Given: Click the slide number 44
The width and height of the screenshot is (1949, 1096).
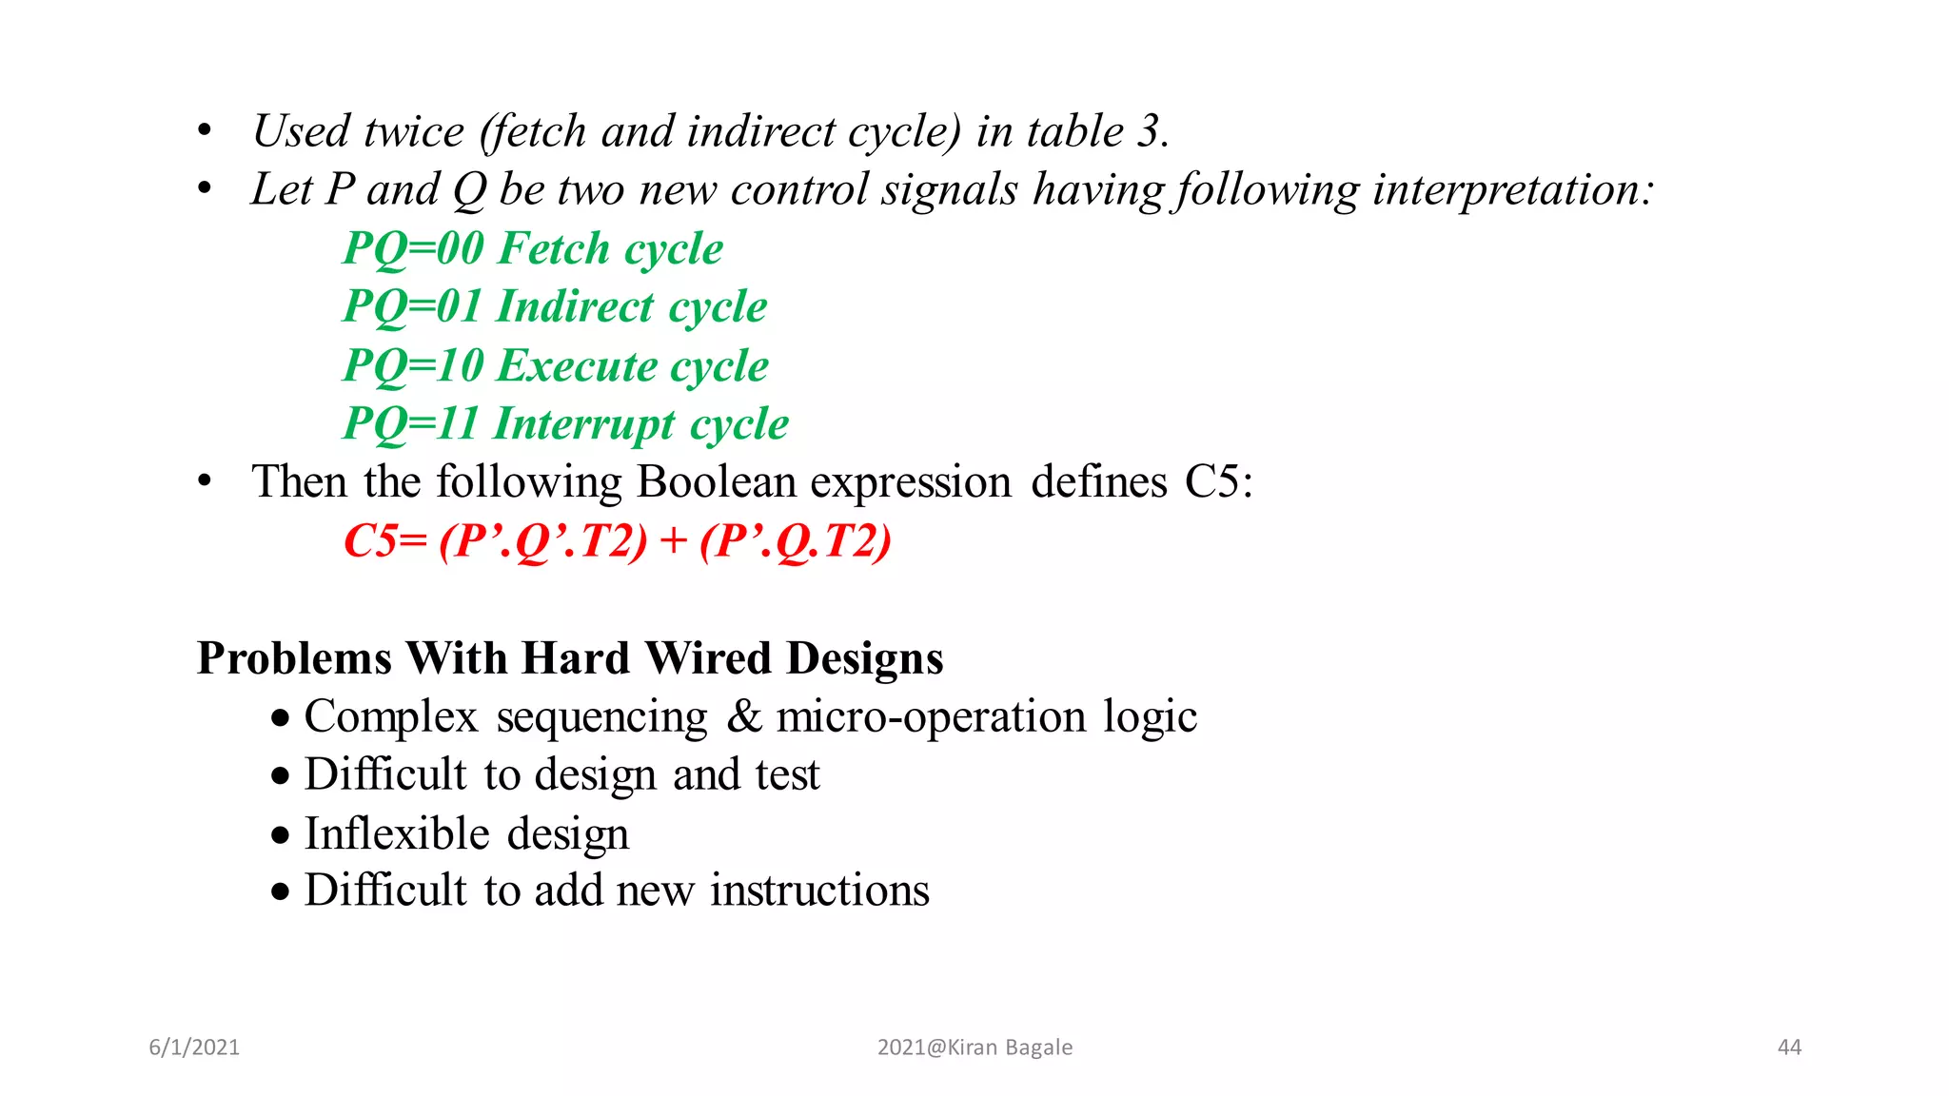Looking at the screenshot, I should tap(1789, 1047).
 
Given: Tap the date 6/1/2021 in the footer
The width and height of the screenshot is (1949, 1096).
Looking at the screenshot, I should tap(194, 1047).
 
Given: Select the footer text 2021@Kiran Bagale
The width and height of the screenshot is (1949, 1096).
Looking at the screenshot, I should tap(974, 1047).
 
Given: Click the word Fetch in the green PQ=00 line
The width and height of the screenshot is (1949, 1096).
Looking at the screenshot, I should tap(554, 249).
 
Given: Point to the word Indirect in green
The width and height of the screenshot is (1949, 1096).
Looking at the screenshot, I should tap(576, 307).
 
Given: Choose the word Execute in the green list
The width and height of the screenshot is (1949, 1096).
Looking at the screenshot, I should tap(577, 366).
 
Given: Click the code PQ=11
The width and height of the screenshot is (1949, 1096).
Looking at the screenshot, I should tap(410, 424).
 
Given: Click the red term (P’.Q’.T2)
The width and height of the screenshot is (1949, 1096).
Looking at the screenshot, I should tap(543, 541).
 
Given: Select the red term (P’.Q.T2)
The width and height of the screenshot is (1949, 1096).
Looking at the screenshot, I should tap(796, 541).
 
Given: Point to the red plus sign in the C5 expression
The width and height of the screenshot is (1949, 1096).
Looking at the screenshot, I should tap(673, 541).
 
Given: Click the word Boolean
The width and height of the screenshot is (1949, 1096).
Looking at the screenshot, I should tap(717, 482).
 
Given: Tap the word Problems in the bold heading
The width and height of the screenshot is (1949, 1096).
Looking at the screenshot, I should tap(294, 658).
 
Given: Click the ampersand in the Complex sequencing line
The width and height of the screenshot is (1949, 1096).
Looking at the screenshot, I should tap(744, 717).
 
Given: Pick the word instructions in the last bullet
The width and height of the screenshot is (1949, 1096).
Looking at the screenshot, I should tap(819, 891).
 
